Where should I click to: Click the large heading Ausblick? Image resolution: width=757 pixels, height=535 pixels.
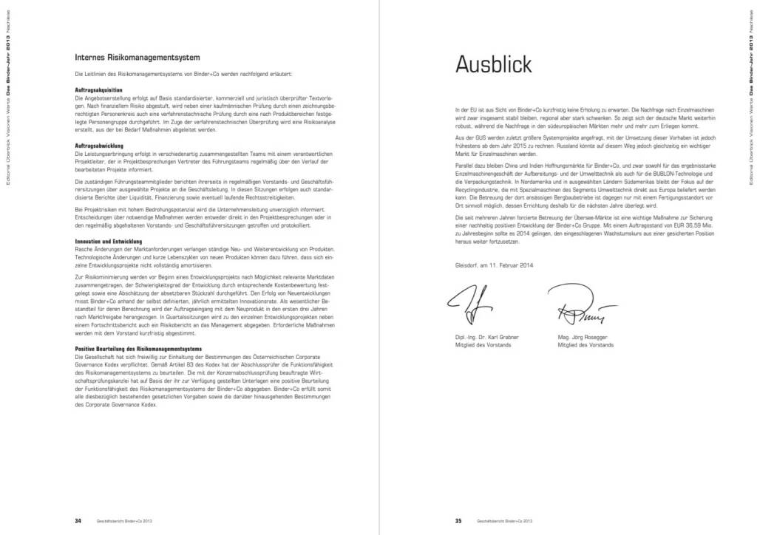[x=493, y=65]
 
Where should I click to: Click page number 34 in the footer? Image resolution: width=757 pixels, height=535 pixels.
[x=78, y=520]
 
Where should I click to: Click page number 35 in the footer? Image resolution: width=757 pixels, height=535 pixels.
[x=458, y=520]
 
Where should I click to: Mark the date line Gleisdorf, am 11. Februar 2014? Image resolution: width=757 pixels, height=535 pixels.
[x=495, y=265]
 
